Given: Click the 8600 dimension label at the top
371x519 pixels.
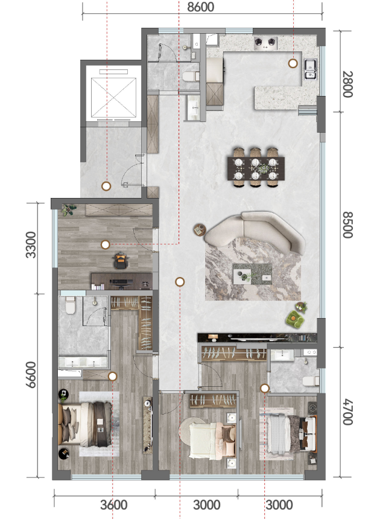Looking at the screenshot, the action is click(x=200, y=7).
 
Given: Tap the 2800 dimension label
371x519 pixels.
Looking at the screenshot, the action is click(x=347, y=84).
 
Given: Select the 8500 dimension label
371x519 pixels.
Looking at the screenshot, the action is click(x=347, y=225).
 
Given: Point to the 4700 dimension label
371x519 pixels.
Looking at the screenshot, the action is click(x=347, y=412).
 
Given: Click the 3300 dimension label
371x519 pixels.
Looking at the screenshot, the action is click(x=31, y=244).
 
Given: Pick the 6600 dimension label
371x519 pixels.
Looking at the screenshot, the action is click(x=31, y=374).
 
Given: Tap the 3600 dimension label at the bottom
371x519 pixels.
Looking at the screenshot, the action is click(x=114, y=505).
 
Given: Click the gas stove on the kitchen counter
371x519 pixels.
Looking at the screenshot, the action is click(x=265, y=43).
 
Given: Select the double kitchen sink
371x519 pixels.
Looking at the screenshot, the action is click(x=311, y=69).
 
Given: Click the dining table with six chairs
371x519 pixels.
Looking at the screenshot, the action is click(x=256, y=168).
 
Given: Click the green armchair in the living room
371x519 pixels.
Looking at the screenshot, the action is click(x=295, y=319).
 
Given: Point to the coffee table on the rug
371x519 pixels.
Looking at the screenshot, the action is click(x=252, y=274).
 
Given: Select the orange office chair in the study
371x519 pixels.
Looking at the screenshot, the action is click(x=121, y=260).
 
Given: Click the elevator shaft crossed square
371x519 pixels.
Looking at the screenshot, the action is click(x=113, y=97).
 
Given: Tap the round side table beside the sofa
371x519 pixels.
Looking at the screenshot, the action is click(x=199, y=229).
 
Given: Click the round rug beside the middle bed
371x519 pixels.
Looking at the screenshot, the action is click(x=192, y=430).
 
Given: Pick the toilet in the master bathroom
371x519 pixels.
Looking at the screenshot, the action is click(x=71, y=305).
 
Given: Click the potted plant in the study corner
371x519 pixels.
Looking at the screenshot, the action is click(x=69, y=210).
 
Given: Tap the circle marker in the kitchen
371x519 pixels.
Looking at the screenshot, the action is click(x=293, y=63).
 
